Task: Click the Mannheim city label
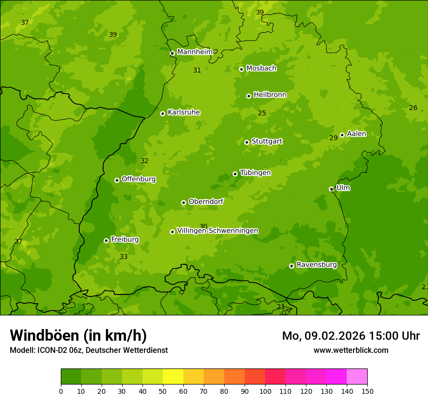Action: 195,52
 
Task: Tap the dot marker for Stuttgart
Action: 247,142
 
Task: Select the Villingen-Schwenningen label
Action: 217,231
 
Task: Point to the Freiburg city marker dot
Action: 106,240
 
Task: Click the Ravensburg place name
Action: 316,265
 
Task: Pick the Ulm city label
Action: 343,188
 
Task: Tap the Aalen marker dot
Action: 342,135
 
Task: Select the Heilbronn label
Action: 270,95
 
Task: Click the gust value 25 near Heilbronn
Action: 262,113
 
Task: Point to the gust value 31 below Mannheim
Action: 197,70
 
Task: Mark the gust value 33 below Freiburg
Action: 124,257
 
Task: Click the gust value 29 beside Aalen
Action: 333,138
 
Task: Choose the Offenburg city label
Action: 139,179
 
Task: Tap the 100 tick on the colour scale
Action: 265,390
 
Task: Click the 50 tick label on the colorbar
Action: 163,390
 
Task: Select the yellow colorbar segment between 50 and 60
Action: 173,377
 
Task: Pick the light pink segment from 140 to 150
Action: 357,377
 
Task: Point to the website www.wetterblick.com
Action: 351,350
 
